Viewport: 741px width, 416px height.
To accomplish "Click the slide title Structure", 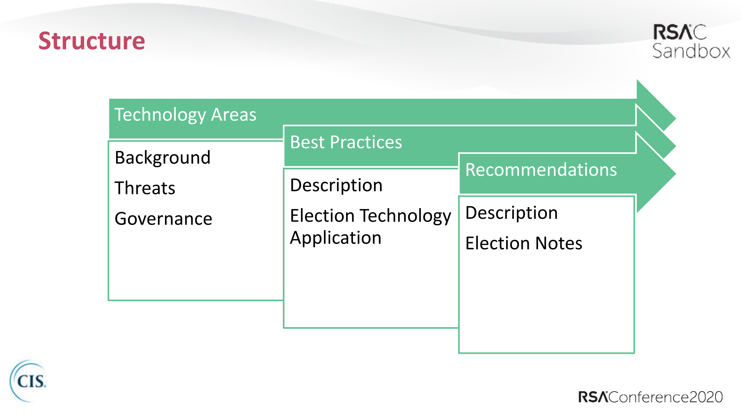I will (92, 41).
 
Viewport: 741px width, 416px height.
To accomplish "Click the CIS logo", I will (29, 381).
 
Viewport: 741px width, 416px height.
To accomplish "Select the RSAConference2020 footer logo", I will (650, 397).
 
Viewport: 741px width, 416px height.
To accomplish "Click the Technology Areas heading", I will (185, 115).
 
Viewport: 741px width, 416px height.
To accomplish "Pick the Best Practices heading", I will (346, 142).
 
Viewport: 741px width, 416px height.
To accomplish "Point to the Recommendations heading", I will (541, 170).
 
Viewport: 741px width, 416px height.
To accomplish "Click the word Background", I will (162, 158).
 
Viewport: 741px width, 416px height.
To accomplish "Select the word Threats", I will (145, 188).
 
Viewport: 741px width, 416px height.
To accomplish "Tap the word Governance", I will (163, 219).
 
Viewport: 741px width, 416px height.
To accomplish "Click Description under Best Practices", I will (336, 185).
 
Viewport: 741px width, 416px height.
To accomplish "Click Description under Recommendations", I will (511, 213).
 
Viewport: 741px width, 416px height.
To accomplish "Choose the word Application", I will (336, 238).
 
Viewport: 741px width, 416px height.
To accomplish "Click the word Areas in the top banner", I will (233, 115).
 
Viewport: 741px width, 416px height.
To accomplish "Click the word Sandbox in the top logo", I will (691, 51).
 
